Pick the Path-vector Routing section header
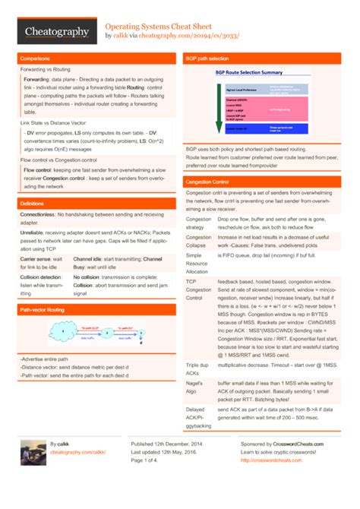(43, 310)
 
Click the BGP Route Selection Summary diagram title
(248, 73)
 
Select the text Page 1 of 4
(149, 460)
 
